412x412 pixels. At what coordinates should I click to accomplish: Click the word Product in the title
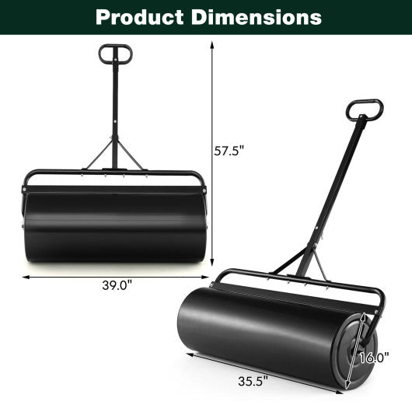point(134,16)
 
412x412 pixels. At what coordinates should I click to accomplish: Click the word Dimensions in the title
point(256,16)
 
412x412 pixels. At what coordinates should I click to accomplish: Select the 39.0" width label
point(116,285)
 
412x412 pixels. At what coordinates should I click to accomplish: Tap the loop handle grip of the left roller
point(114,54)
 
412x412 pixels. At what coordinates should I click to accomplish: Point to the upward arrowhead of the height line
point(212,44)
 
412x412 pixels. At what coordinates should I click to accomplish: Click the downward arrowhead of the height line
point(212,264)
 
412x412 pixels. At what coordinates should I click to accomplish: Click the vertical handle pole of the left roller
point(114,109)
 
